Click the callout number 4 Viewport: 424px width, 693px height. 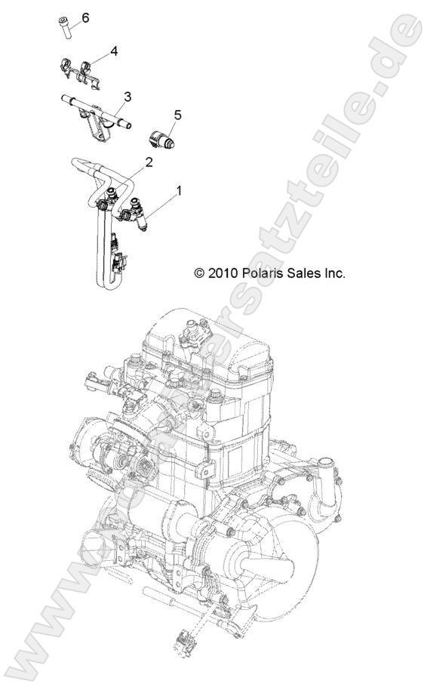pyautogui.click(x=114, y=51)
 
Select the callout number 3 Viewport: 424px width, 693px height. pyautogui.click(x=128, y=97)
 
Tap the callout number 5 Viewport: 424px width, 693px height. pyautogui.click(x=178, y=115)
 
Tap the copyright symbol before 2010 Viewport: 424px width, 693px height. pyautogui.click(x=199, y=273)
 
